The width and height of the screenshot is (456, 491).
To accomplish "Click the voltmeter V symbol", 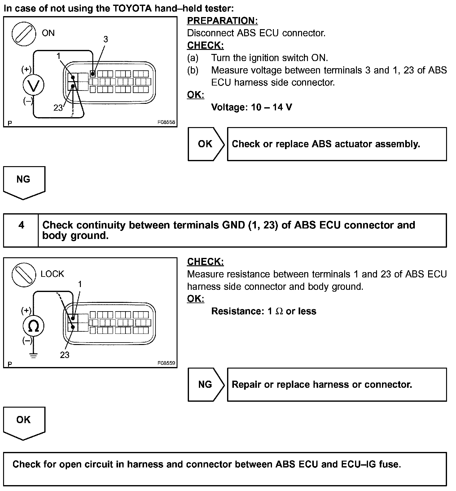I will [x=33, y=85].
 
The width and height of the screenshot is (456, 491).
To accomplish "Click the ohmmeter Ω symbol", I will [x=33, y=326].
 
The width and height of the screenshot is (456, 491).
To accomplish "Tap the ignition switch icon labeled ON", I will [x=22, y=33].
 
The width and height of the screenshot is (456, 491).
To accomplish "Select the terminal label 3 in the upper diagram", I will [x=106, y=39].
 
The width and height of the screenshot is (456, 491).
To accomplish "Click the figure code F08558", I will [x=166, y=122].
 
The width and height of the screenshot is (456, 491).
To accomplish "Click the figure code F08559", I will [x=166, y=363].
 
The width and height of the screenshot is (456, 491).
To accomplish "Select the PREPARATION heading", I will [x=222, y=21].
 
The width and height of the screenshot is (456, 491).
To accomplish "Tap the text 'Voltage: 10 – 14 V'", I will [x=251, y=107].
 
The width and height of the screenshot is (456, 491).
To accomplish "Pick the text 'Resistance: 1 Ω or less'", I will [x=264, y=311].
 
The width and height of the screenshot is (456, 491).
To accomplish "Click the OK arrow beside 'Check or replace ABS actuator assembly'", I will [x=206, y=144].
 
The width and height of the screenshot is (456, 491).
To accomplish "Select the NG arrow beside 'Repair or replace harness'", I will [x=206, y=384].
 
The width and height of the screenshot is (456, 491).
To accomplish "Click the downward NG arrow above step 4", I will [x=24, y=182].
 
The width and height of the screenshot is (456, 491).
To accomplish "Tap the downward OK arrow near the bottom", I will [x=24, y=422].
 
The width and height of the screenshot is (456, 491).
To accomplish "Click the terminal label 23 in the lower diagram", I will [x=64, y=355].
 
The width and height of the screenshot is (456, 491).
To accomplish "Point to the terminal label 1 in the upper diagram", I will [x=59, y=56].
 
